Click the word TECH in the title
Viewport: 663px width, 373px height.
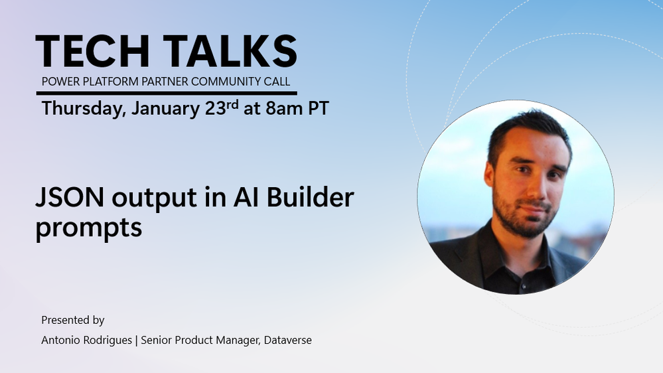[x=93, y=51]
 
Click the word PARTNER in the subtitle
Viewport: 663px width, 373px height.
[x=164, y=81]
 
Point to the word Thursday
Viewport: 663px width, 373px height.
[x=84, y=109]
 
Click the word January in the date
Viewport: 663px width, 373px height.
[x=166, y=109]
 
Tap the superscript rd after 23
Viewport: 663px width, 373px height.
[x=232, y=104]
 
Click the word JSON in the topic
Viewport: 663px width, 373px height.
[x=70, y=197]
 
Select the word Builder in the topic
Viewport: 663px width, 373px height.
[x=311, y=197]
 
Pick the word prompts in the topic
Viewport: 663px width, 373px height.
[x=88, y=228]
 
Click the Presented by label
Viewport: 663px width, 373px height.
[x=73, y=320]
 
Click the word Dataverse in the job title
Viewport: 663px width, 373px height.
[x=288, y=340]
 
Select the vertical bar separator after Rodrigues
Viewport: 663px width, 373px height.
[x=136, y=340]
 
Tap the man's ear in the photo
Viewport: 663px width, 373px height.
[x=489, y=174]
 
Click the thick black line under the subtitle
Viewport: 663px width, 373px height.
[x=167, y=93]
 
